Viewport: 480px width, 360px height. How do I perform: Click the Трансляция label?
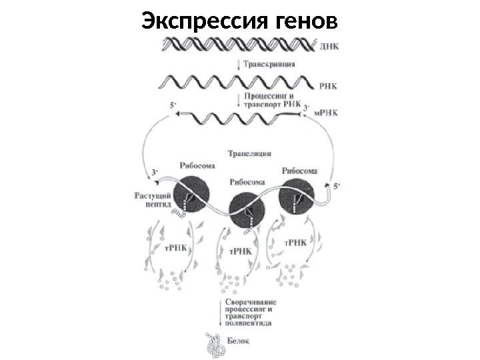249,153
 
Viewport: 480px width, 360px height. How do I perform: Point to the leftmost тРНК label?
177,247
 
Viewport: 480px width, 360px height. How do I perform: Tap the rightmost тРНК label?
296,242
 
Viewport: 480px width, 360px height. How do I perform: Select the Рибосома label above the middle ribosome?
247,181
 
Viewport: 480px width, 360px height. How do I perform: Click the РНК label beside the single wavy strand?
328,85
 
